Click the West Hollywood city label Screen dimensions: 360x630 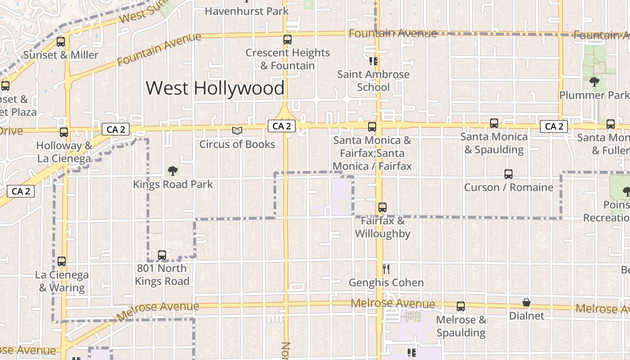point(215,88)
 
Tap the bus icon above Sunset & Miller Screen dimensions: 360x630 point(61,42)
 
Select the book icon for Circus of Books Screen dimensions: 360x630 point(237,130)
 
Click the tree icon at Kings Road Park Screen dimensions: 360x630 point(172,171)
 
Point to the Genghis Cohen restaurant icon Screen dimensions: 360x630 point(386,269)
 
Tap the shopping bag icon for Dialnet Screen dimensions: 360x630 point(526,302)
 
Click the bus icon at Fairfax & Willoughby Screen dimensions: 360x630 point(382,207)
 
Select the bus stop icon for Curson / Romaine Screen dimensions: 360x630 point(508,174)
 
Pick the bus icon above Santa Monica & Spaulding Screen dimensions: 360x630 point(494,123)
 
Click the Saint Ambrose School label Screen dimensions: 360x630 point(373,81)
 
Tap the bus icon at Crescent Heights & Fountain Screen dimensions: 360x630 point(288,40)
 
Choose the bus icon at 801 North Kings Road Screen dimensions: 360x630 point(162,255)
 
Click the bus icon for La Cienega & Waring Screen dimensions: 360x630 point(62,261)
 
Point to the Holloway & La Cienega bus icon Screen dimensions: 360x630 point(64,132)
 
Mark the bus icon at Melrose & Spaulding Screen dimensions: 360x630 point(461,306)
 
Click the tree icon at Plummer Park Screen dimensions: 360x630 point(594,82)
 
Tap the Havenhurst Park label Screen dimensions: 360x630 point(247,11)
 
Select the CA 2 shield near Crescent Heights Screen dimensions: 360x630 point(282,126)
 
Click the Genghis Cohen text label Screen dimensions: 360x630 point(386,283)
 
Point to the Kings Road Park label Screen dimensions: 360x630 point(173,184)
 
